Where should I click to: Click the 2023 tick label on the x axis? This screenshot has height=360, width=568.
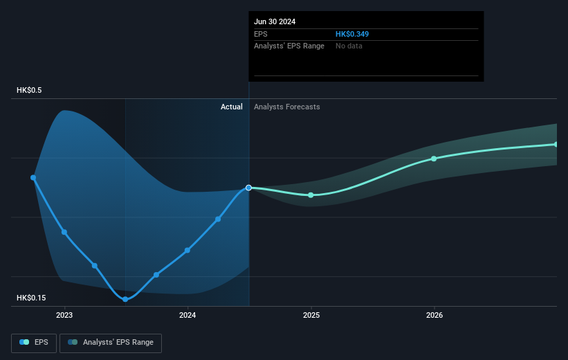[64, 315]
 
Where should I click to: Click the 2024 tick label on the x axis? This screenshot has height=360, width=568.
[187, 315]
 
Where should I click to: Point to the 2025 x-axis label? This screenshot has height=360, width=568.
[311, 315]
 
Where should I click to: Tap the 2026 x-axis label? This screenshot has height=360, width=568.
[434, 315]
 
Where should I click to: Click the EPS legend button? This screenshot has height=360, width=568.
[34, 342]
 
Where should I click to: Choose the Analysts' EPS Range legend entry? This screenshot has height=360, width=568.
[111, 342]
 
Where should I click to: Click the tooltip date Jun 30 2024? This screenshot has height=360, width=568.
[275, 21]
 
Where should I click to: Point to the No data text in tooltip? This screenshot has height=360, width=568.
[349, 46]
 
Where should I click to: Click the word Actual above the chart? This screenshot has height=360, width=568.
[231, 107]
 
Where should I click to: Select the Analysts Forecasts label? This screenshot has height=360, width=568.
[287, 107]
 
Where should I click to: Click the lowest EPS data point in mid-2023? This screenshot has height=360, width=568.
[125, 299]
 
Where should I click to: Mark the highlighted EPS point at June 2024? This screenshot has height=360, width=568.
[249, 188]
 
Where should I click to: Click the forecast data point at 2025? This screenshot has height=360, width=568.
[311, 195]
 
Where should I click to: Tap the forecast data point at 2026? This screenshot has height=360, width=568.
[434, 159]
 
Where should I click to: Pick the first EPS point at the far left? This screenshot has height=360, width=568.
[33, 177]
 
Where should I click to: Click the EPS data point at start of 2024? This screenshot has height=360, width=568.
[187, 250]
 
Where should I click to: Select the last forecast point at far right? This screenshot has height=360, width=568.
[556, 144]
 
